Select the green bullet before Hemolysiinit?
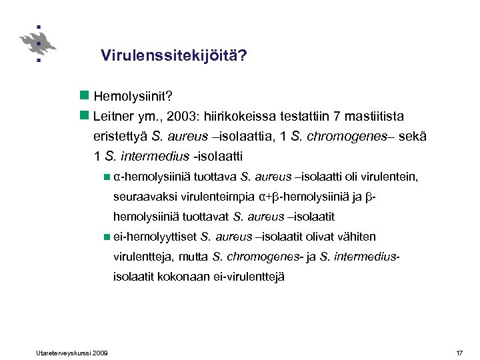[84, 97]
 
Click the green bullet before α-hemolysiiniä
[108, 177]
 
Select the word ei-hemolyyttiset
[155, 237]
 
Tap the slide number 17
[459, 352]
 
